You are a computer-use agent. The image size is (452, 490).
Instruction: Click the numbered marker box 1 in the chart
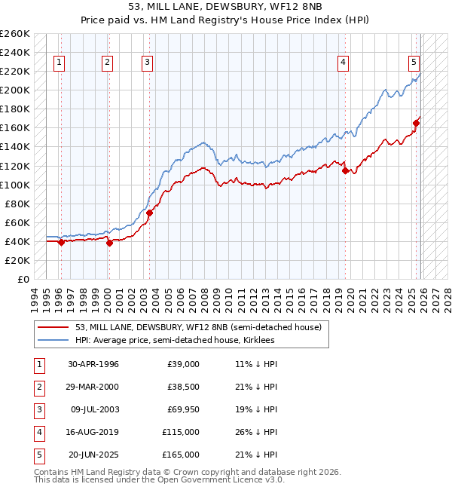click(x=59, y=63)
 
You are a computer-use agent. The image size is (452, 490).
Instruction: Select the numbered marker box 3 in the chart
click(x=148, y=63)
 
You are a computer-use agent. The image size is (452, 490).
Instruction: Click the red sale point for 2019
click(x=345, y=170)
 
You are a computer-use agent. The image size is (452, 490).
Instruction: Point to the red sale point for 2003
click(x=149, y=213)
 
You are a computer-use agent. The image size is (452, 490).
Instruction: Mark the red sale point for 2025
click(x=416, y=123)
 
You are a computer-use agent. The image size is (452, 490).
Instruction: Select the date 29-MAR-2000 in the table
click(x=93, y=387)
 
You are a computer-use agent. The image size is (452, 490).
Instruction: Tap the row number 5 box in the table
click(x=38, y=455)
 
